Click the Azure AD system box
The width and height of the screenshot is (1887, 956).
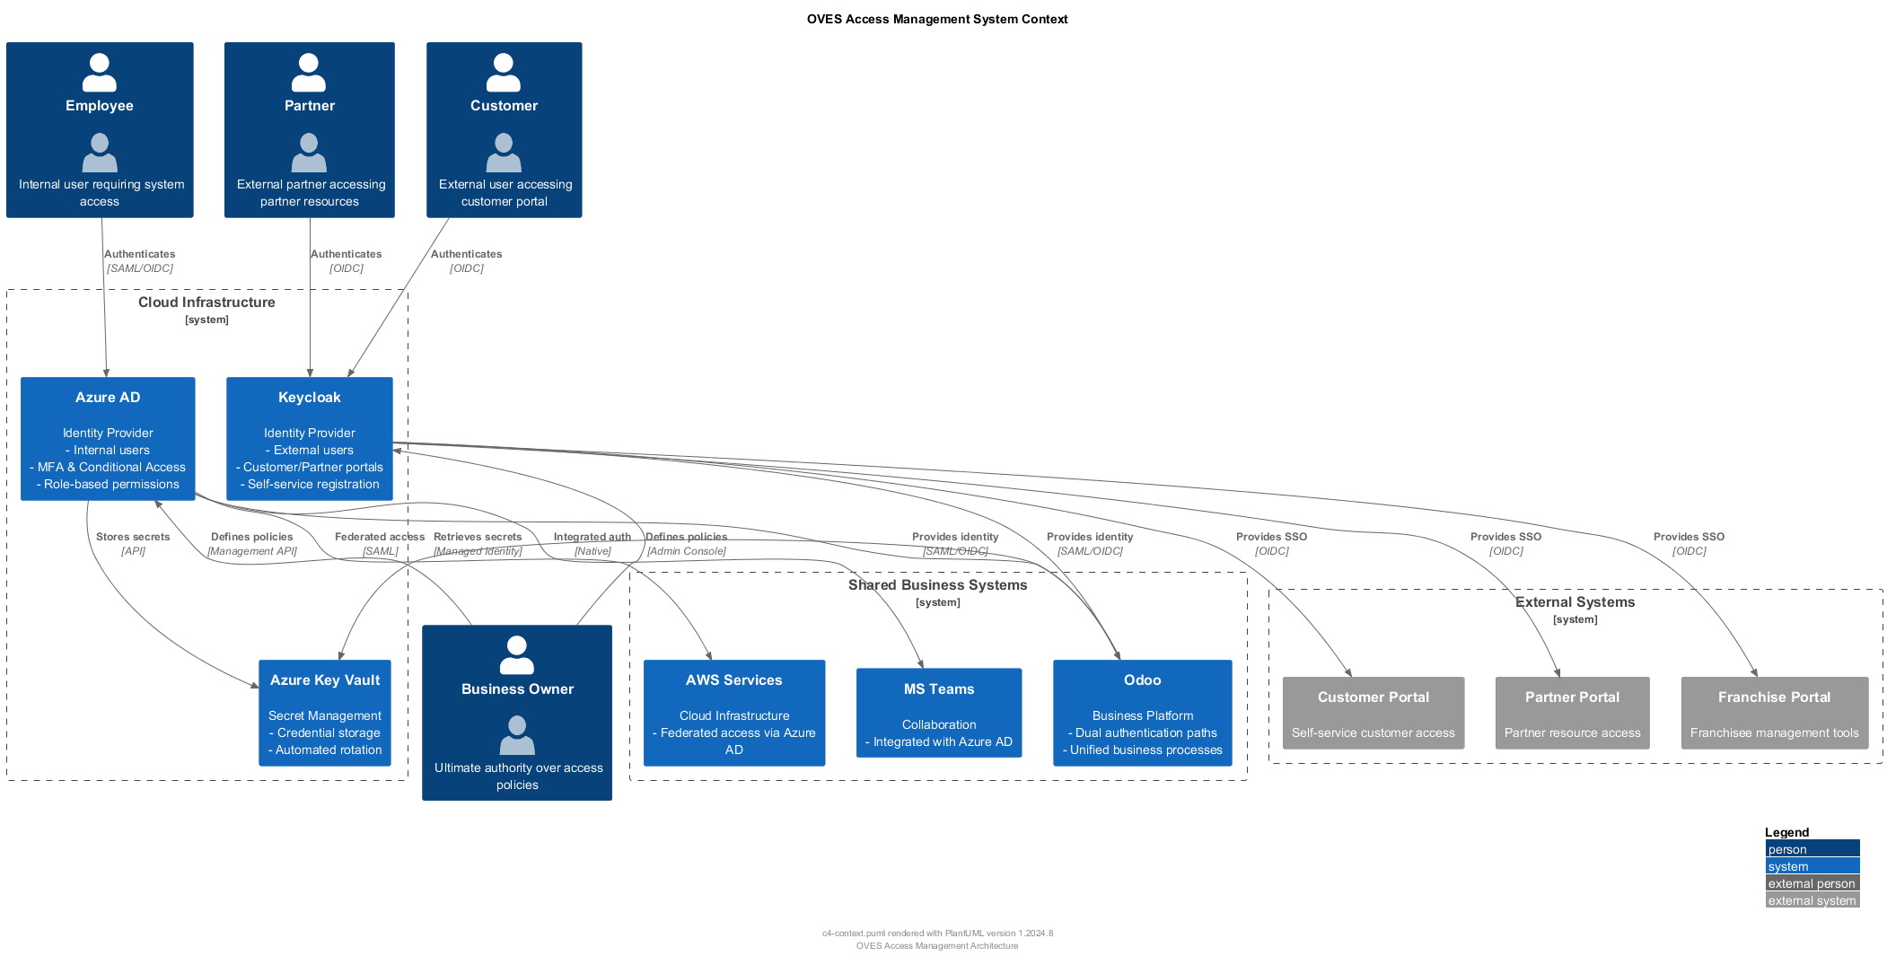point(108,438)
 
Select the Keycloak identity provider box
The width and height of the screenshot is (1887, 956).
point(309,438)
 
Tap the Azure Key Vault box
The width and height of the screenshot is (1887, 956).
point(324,713)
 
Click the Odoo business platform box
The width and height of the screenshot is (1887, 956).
point(1142,713)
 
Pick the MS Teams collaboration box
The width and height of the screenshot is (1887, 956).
point(938,713)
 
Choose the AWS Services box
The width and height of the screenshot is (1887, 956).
point(733,713)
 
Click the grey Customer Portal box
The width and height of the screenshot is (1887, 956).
point(1373,713)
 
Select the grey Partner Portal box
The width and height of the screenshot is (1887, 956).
point(1572,713)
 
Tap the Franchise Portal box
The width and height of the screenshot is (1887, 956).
point(1774,713)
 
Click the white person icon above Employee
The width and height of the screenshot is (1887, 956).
point(99,73)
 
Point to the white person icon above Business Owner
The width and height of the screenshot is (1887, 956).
point(517,655)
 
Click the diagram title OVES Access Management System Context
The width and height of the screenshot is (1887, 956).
point(936,19)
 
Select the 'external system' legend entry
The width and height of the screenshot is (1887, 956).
point(1812,900)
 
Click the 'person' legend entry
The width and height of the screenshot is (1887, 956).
point(1812,849)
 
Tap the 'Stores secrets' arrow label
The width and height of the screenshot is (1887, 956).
point(133,537)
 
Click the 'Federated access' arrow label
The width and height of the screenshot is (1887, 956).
point(379,537)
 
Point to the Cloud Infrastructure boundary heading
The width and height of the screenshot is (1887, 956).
point(206,303)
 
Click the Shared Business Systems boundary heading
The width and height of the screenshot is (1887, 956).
point(937,585)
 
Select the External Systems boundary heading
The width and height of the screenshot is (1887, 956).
point(1575,602)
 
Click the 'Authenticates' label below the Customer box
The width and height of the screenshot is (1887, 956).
point(466,254)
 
